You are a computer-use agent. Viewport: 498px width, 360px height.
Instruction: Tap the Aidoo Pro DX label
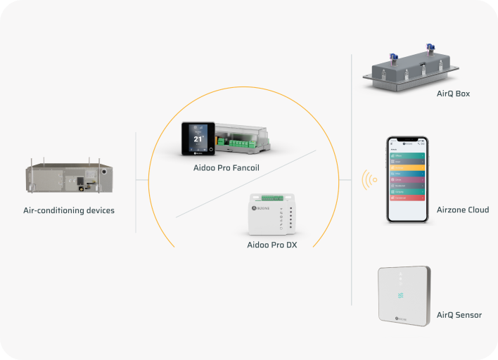coord(272,245)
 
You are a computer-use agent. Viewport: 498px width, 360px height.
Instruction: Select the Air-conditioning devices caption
coord(68,210)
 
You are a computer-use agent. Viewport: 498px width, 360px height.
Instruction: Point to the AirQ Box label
coord(453,94)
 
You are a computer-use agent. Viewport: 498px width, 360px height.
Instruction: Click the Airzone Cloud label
coord(462,210)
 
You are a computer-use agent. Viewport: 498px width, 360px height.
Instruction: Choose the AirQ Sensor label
coord(459,315)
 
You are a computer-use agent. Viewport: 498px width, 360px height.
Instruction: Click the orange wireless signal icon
coord(369,180)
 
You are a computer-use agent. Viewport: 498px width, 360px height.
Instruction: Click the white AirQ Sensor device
coord(403,296)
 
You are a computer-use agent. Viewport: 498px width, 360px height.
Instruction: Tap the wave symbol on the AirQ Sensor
coord(402,297)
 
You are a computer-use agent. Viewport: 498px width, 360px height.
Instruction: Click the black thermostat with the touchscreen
coord(198,138)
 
